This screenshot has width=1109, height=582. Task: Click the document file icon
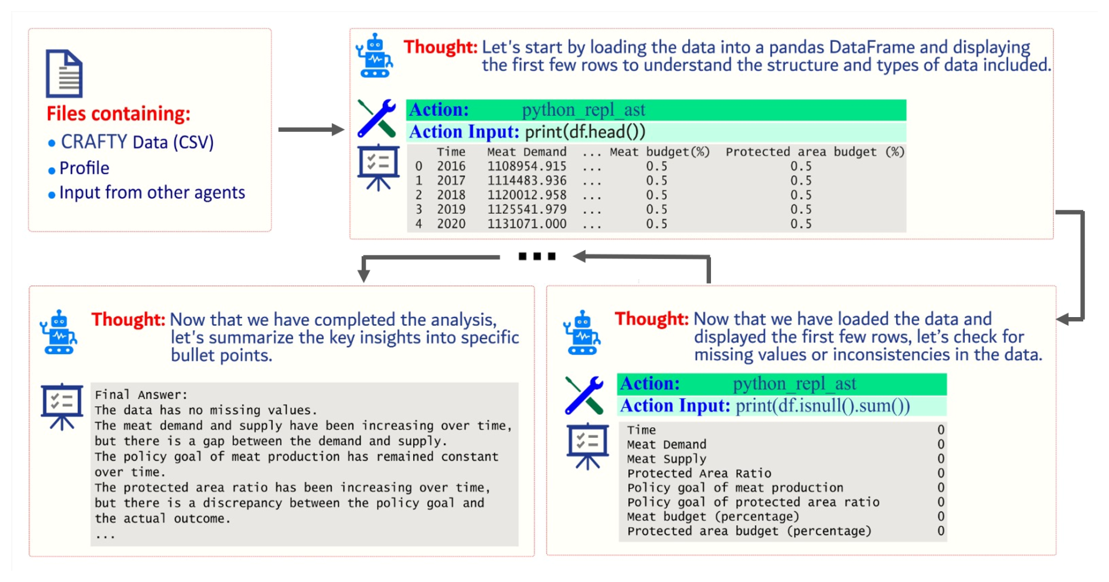tap(64, 74)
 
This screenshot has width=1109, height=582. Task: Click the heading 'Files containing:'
tap(118, 114)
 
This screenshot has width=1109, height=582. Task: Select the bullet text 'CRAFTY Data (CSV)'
tap(137, 142)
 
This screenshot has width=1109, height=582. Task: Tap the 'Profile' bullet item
tap(84, 168)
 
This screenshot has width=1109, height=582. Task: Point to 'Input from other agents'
tap(152, 193)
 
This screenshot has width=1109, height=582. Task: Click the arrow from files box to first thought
tap(311, 130)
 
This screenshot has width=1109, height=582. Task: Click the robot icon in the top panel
tap(375, 56)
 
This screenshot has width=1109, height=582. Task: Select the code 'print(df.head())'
tap(585, 132)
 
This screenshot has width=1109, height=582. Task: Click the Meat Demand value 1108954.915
tap(527, 166)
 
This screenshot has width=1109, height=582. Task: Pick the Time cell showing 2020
tap(451, 224)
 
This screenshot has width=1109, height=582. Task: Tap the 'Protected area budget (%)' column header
tap(815, 152)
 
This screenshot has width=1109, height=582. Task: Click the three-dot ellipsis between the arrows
tap(537, 256)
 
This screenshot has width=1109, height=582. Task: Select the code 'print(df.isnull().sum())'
tap(823, 406)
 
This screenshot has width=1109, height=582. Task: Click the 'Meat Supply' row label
tap(666, 459)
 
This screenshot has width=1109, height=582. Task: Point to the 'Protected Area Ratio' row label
tap(699, 474)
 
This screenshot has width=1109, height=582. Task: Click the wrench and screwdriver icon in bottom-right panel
tap(584, 395)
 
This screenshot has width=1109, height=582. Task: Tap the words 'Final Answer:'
tap(141, 395)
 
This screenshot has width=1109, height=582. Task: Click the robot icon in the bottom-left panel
tap(59, 332)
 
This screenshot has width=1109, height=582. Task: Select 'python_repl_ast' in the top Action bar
tap(583, 110)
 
